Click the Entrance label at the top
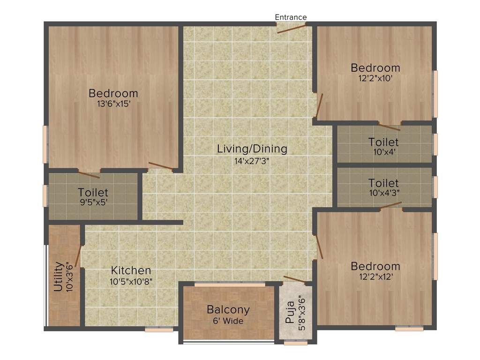click(x=291, y=17)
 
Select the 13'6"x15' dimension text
click(x=113, y=104)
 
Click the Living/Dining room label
click(x=252, y=149)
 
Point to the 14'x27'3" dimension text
click(x=252, y=160)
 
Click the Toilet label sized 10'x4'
click(x=383, y=142)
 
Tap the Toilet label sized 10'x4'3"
click(x=383, y=183)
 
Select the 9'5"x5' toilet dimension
click(x=93, y=202)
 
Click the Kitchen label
click(x=131, y=270)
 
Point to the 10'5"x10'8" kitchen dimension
click(x=131, y=281)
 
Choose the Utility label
click(x=58, y=277)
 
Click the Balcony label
click(x=228, y=310)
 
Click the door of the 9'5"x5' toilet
click(x=89, y=175)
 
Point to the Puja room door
click(x=295, y=280)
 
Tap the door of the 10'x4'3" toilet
click(x=391, y=205)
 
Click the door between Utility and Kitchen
click(x=78, y=256)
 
